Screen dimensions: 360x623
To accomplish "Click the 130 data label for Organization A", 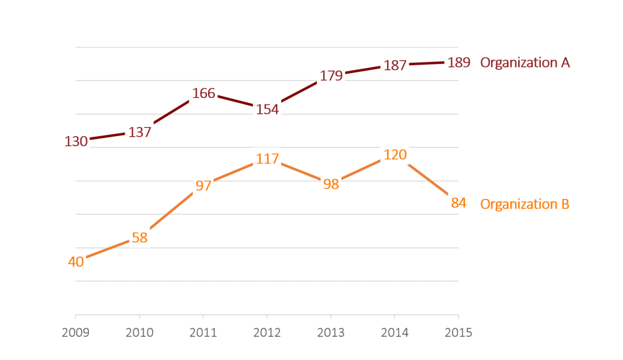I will (76, 142).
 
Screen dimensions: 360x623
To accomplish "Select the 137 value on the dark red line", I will (140, 132).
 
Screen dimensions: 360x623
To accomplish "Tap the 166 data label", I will (204, 94).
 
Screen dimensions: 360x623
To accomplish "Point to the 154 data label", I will (267, 109).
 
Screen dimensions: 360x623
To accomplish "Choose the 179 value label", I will (331, 76).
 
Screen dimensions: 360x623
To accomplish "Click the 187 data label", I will (395, 65).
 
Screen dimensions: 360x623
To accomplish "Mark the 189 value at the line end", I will (458, 62).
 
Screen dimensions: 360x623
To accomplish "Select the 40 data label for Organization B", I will (76, 262).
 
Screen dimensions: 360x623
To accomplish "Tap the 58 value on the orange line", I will (140, 238).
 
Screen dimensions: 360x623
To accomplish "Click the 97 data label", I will (204, 186).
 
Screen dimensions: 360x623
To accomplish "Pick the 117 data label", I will (267, 159).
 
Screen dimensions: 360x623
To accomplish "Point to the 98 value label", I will (331, 184).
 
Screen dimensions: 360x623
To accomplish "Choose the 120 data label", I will (395, 155).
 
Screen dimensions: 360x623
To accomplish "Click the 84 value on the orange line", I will (458, 203).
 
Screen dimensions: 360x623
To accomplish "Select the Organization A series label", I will (525, 63).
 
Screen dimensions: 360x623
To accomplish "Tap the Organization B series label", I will (524, 204).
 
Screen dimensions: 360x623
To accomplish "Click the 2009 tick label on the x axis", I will (76, 333).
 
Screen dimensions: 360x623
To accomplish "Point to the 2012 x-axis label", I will (267, 333).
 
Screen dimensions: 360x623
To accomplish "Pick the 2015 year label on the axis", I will (458, 333).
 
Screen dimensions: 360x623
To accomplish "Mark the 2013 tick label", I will (331, 333).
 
